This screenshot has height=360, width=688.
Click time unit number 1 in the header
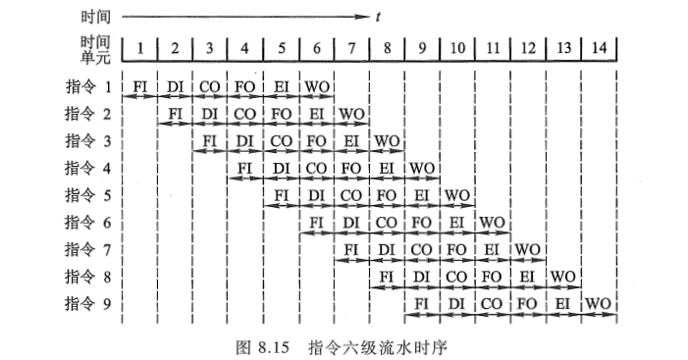click(140, 47)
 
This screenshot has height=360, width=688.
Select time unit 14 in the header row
click(598, 47)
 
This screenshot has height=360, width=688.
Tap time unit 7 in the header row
click(351, 47)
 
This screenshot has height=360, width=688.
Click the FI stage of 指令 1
click(140, 86)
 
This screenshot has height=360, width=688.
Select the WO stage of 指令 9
click(598, 304)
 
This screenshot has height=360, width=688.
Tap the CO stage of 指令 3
click(281, 140)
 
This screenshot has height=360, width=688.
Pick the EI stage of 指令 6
click(456, 223)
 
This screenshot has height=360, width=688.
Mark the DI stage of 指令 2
click(211, 114)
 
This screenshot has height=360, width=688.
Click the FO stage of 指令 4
click(351, 168)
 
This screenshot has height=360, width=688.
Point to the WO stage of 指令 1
click(316, 86)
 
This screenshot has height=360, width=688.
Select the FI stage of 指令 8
click(387, 277)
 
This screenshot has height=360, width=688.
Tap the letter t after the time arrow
click(379, 17)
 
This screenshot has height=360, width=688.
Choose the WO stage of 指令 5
click(456, 195)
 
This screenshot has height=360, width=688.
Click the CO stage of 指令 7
click(422, 250)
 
